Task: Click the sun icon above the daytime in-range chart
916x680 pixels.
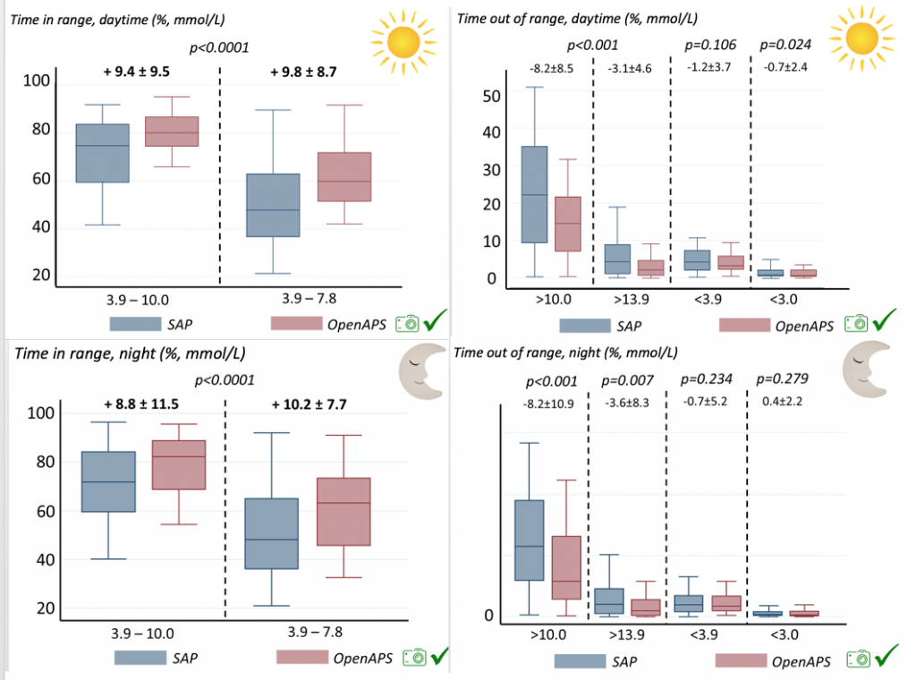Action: [403, 42]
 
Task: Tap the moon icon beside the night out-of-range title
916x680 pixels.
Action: [866, 370]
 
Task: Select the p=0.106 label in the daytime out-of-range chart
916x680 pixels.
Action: [710, 45]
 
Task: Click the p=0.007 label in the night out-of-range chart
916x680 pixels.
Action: [627, 381]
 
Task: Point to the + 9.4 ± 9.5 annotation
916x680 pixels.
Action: [137, 72]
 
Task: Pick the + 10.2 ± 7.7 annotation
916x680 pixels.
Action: [309, 404]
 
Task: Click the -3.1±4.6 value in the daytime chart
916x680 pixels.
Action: [630, 68]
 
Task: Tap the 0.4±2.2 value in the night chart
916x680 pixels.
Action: [782, 402]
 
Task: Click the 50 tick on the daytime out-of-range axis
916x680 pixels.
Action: [491, 96]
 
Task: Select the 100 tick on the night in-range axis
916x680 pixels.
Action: [41, 413]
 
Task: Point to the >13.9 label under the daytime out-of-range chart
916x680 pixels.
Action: [631, 300]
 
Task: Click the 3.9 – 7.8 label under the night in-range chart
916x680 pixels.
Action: [315, 632]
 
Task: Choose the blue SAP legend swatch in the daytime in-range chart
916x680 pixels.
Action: [135, 324]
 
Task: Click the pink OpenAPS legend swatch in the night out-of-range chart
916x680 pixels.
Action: [741, 660]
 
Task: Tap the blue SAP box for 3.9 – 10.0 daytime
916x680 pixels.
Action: [103, 153]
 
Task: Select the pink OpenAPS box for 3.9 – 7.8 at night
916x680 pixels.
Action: [343, 512]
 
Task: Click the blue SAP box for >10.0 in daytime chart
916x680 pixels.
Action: [535, 194]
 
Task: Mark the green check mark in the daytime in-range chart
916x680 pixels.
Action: [436, 319]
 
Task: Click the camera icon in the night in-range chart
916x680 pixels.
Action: [414, 658]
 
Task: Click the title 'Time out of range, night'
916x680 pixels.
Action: [565, 353]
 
